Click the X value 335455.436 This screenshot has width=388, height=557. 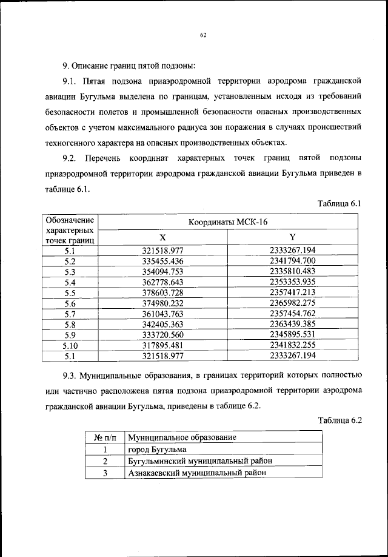point(162,260)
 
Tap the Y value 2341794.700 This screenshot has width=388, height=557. point(293,260)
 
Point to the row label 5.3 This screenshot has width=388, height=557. point(69,271)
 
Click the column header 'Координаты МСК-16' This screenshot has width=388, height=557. point(227,222)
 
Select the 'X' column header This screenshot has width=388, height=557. point(162,237)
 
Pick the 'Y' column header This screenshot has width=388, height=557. point(293,237)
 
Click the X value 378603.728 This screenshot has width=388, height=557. point(162,292)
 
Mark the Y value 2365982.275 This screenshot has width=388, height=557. point(293,303)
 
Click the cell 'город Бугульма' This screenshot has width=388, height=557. point(158,450)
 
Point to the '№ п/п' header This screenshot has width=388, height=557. point(104,438)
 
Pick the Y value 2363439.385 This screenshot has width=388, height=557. point(293,325)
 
